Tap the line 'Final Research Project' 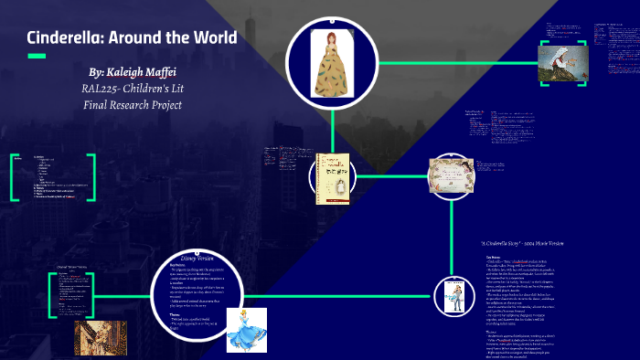(132, 104)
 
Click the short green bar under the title (37, 57)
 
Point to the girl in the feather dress (327, 63)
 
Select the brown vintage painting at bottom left (101, 336)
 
